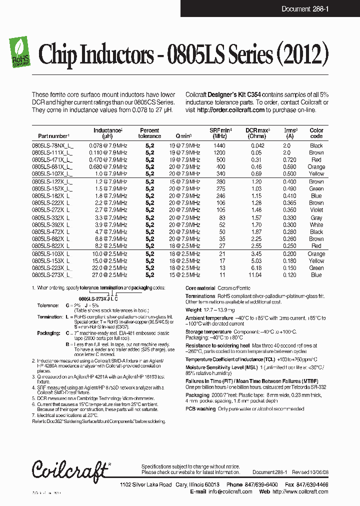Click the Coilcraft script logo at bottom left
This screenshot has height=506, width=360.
point(70,469)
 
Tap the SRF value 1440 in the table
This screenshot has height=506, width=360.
point(219,145)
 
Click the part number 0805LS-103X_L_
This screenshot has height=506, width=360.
point(52,254)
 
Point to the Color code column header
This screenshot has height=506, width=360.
point(316,133)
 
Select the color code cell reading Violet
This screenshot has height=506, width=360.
point(316,210)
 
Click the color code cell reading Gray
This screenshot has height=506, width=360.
point(316,218)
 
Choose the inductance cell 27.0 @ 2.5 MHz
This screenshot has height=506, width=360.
point(109,275)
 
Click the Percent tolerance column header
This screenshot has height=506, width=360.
point(149,133)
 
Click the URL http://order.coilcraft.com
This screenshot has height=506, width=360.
point(230,109)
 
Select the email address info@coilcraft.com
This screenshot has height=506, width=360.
point(230,491)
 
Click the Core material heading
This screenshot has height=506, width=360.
point(200,288)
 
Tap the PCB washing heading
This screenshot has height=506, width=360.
point(200,409)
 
